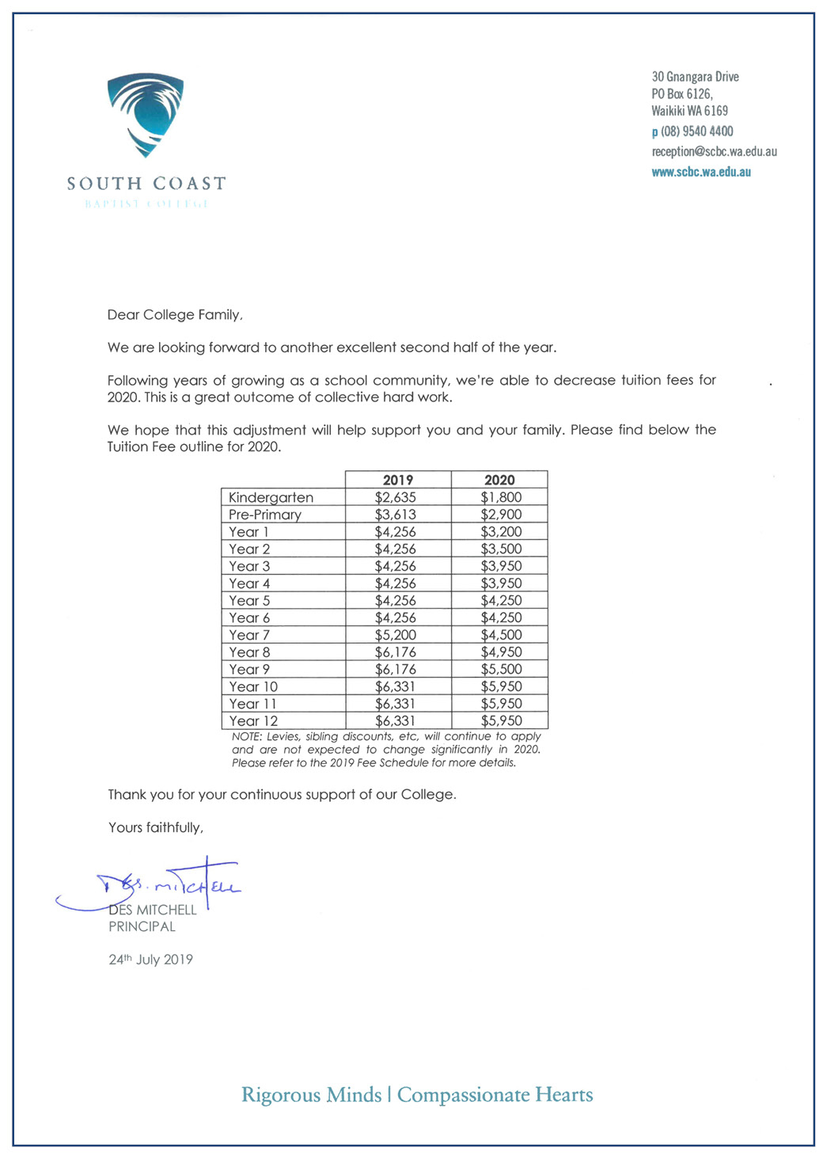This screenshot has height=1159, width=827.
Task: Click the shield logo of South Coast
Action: click(x=146, y=115)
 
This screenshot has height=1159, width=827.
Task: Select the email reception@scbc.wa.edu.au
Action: click(x=714, y=151)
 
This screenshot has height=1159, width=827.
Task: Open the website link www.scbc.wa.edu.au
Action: click(x=701, y=172)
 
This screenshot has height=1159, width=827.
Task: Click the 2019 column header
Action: click(x=398, y=480)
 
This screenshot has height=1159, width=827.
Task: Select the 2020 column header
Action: click(x=499, y=480)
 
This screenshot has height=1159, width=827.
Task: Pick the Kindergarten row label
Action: click(x=271, y=497)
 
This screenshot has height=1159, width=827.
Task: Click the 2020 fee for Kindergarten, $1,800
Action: click(x=501, y=497)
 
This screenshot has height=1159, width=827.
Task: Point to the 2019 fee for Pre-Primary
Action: click(x=395, y=515)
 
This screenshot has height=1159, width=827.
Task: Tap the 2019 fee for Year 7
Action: click(x=395, y=635)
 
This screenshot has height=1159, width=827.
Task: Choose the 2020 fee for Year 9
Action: click(x=501, y=669)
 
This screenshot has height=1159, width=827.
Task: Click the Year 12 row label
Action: click(x=253, y=721)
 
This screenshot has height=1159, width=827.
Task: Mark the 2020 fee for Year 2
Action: click(x=501, y=549)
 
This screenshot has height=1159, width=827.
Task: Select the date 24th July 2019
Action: click(x=150, y=959)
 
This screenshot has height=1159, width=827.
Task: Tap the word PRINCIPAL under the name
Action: click(x=142, y=926)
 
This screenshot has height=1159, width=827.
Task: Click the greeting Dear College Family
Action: click(x=175, y=315)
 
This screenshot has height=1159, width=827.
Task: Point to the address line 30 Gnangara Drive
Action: click(x=695, y=77)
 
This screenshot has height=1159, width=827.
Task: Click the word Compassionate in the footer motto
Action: click(x=463, y=1095)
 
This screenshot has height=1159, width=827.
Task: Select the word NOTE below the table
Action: click(x=246, y=736)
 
